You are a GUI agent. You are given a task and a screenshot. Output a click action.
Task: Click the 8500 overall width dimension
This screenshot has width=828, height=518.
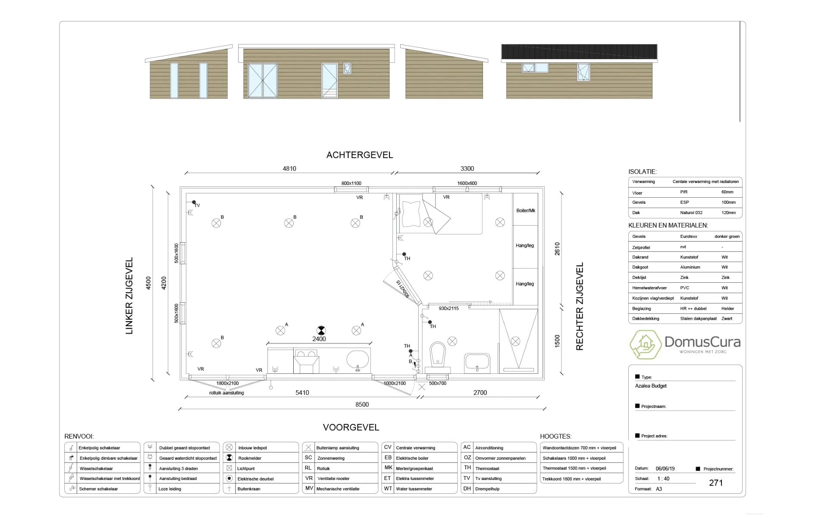click(x=362, y=404)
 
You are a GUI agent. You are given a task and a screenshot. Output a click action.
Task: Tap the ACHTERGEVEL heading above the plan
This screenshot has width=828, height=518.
click(x=360, y=155)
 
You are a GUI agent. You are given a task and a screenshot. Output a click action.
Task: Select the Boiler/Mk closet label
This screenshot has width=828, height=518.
click(x=525, y=211)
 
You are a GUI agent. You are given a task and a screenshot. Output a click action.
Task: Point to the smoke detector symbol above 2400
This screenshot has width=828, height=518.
click(x=321, y=330)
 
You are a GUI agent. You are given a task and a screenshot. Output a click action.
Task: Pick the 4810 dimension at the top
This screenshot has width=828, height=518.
click(x=289, y=169)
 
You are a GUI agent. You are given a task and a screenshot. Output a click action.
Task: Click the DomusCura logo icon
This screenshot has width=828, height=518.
click(x=645, y=344)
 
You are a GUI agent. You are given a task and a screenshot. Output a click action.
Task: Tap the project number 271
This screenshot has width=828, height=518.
click(x=716, y=483)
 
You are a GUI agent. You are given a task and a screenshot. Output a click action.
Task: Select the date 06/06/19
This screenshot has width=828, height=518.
click(x=665, y=468)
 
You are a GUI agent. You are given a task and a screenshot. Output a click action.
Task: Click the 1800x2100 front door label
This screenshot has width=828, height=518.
click(x=227, y=383)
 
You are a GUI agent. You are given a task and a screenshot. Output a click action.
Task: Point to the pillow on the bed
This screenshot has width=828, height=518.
click(x=411, y=212)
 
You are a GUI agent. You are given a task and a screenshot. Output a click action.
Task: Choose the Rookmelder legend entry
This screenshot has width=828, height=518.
click(x=249, y=458)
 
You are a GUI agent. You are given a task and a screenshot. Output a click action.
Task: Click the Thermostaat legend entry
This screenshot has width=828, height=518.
click(x=487, y=468)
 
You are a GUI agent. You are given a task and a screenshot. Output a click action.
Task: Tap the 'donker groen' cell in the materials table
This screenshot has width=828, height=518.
click(x=727, y=237)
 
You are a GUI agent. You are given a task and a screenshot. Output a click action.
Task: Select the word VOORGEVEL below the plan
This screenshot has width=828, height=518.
click(x=351, y=427)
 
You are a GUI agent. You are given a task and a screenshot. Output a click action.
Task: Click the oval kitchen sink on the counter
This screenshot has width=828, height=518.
click(x=358, y=360)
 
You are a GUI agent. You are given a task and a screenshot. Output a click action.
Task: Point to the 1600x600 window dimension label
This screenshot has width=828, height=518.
click(x=467, y=183)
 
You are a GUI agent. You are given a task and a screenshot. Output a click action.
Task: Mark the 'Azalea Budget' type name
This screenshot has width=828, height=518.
click(x=651, y=386)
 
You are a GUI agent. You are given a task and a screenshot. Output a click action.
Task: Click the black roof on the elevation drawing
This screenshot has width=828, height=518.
click(x=579, y=52)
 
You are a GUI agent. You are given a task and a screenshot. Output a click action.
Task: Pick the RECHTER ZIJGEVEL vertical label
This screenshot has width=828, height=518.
click(x=580, y=306)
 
